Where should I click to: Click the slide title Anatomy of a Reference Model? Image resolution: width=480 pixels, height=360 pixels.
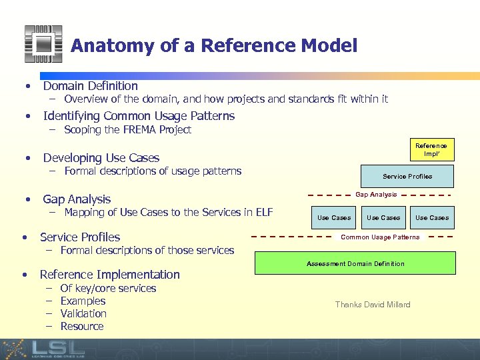pyautogui.click(x=213, y=45)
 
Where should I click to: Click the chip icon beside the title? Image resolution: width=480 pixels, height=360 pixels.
pyautogui.click(x=43, y=44)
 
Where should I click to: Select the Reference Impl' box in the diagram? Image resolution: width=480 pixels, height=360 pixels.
pyautogui.click(x=431, y=149)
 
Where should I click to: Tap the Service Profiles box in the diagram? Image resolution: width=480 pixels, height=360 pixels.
pyautogui.click(x=407, y=177)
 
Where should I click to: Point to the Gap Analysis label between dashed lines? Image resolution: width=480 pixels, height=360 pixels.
pyautogui.click(x=376, y=195)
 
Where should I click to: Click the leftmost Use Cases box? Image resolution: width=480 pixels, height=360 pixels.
pyautogui.click(x=333, y=217)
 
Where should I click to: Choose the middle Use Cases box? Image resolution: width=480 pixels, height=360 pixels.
pyautogui.click(x=383, y=217)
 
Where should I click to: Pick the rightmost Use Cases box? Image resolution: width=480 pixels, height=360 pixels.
pyautogui.click(x=432, y=217)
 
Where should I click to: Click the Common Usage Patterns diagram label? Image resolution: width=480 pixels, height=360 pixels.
pyautogui.click(x=380, y=237)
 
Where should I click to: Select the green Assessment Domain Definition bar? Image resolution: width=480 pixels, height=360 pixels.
pyautogui.click(x=355, y=263)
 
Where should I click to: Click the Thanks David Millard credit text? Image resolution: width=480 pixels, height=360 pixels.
pyautogui.click(x=373, y=305)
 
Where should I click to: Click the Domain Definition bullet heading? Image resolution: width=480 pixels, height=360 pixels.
pyautogui.click(x=90, y=85)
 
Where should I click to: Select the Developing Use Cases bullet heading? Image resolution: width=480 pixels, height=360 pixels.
pyautogui.click(x=101, y=158)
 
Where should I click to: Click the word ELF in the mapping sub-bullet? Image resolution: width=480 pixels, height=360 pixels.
pyautogui.click(x=263, y=213)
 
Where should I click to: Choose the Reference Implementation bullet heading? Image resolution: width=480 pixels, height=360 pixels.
pyautogui.click(x=109, y=274)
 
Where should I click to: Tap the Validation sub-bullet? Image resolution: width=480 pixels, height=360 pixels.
pyautogui.click(x=83, y=313)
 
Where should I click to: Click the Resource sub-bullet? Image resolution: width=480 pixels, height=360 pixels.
pyautogui.click(x=82, y=326)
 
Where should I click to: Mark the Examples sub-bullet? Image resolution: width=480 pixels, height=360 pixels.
pyautogui.click(x=83, y=301)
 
